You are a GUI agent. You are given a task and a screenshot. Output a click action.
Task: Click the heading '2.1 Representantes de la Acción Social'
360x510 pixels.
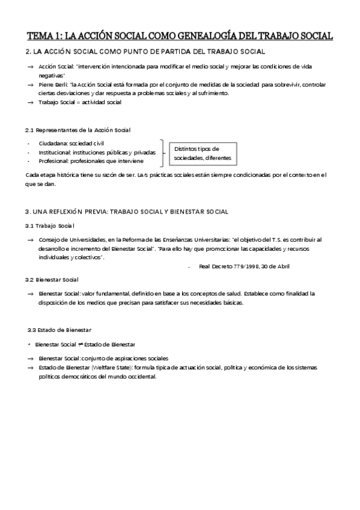(x=78, y=131)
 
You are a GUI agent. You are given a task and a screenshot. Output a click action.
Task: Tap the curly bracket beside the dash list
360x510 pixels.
(x=163, y=153)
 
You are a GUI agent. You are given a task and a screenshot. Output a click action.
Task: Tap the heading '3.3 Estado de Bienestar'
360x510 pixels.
(x=59, y=330)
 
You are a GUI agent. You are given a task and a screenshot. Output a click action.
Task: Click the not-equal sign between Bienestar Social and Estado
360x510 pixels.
(x=80, y=344)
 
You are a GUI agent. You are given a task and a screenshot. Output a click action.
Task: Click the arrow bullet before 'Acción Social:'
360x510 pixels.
(x=30, y=65)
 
